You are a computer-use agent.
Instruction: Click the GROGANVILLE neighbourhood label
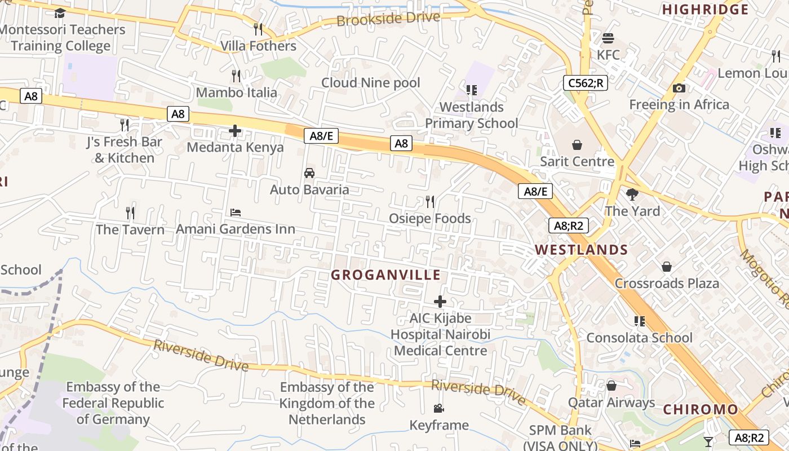coord(385,275)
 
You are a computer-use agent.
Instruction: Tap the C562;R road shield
coord(585,83)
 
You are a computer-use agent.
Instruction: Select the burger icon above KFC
coord(608,38)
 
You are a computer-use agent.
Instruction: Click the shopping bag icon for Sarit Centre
coord(577,145)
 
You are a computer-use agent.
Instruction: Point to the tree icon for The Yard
coord(632,194)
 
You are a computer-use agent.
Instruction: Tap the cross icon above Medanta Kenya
coord(235,131)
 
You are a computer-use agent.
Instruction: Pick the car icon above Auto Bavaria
coord(309,173)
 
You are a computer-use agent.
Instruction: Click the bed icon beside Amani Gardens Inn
coord(236,213)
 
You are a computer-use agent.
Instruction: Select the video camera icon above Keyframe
coord(438,409)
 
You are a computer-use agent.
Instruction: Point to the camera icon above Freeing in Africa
coord(679,89)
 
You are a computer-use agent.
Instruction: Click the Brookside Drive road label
coord(388,19)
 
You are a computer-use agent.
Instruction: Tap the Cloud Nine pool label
coord(371,83)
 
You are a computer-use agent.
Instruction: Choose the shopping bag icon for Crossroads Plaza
coord(667,267)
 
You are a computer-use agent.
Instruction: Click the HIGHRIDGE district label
coord(705,10)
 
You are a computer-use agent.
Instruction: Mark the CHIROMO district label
coord(700,410)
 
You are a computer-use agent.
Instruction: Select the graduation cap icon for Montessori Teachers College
coord(60,13)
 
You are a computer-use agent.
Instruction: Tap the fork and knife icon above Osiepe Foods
coord(430,202)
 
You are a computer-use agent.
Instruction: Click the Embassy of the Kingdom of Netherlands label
coord(327,403)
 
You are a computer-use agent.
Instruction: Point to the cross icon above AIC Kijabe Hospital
coord(440,302)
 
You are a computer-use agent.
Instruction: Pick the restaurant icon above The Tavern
coord(130,213)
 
